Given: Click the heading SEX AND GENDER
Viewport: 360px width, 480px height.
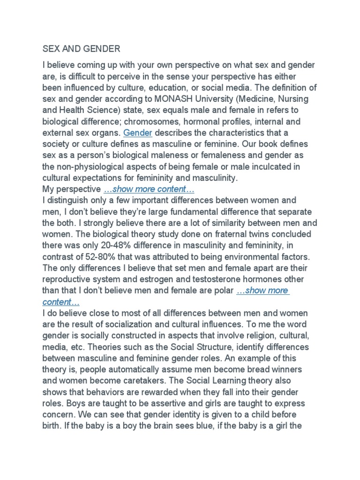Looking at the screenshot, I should [81, 48].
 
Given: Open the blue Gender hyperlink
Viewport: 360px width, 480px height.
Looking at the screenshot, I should [138, 133].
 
